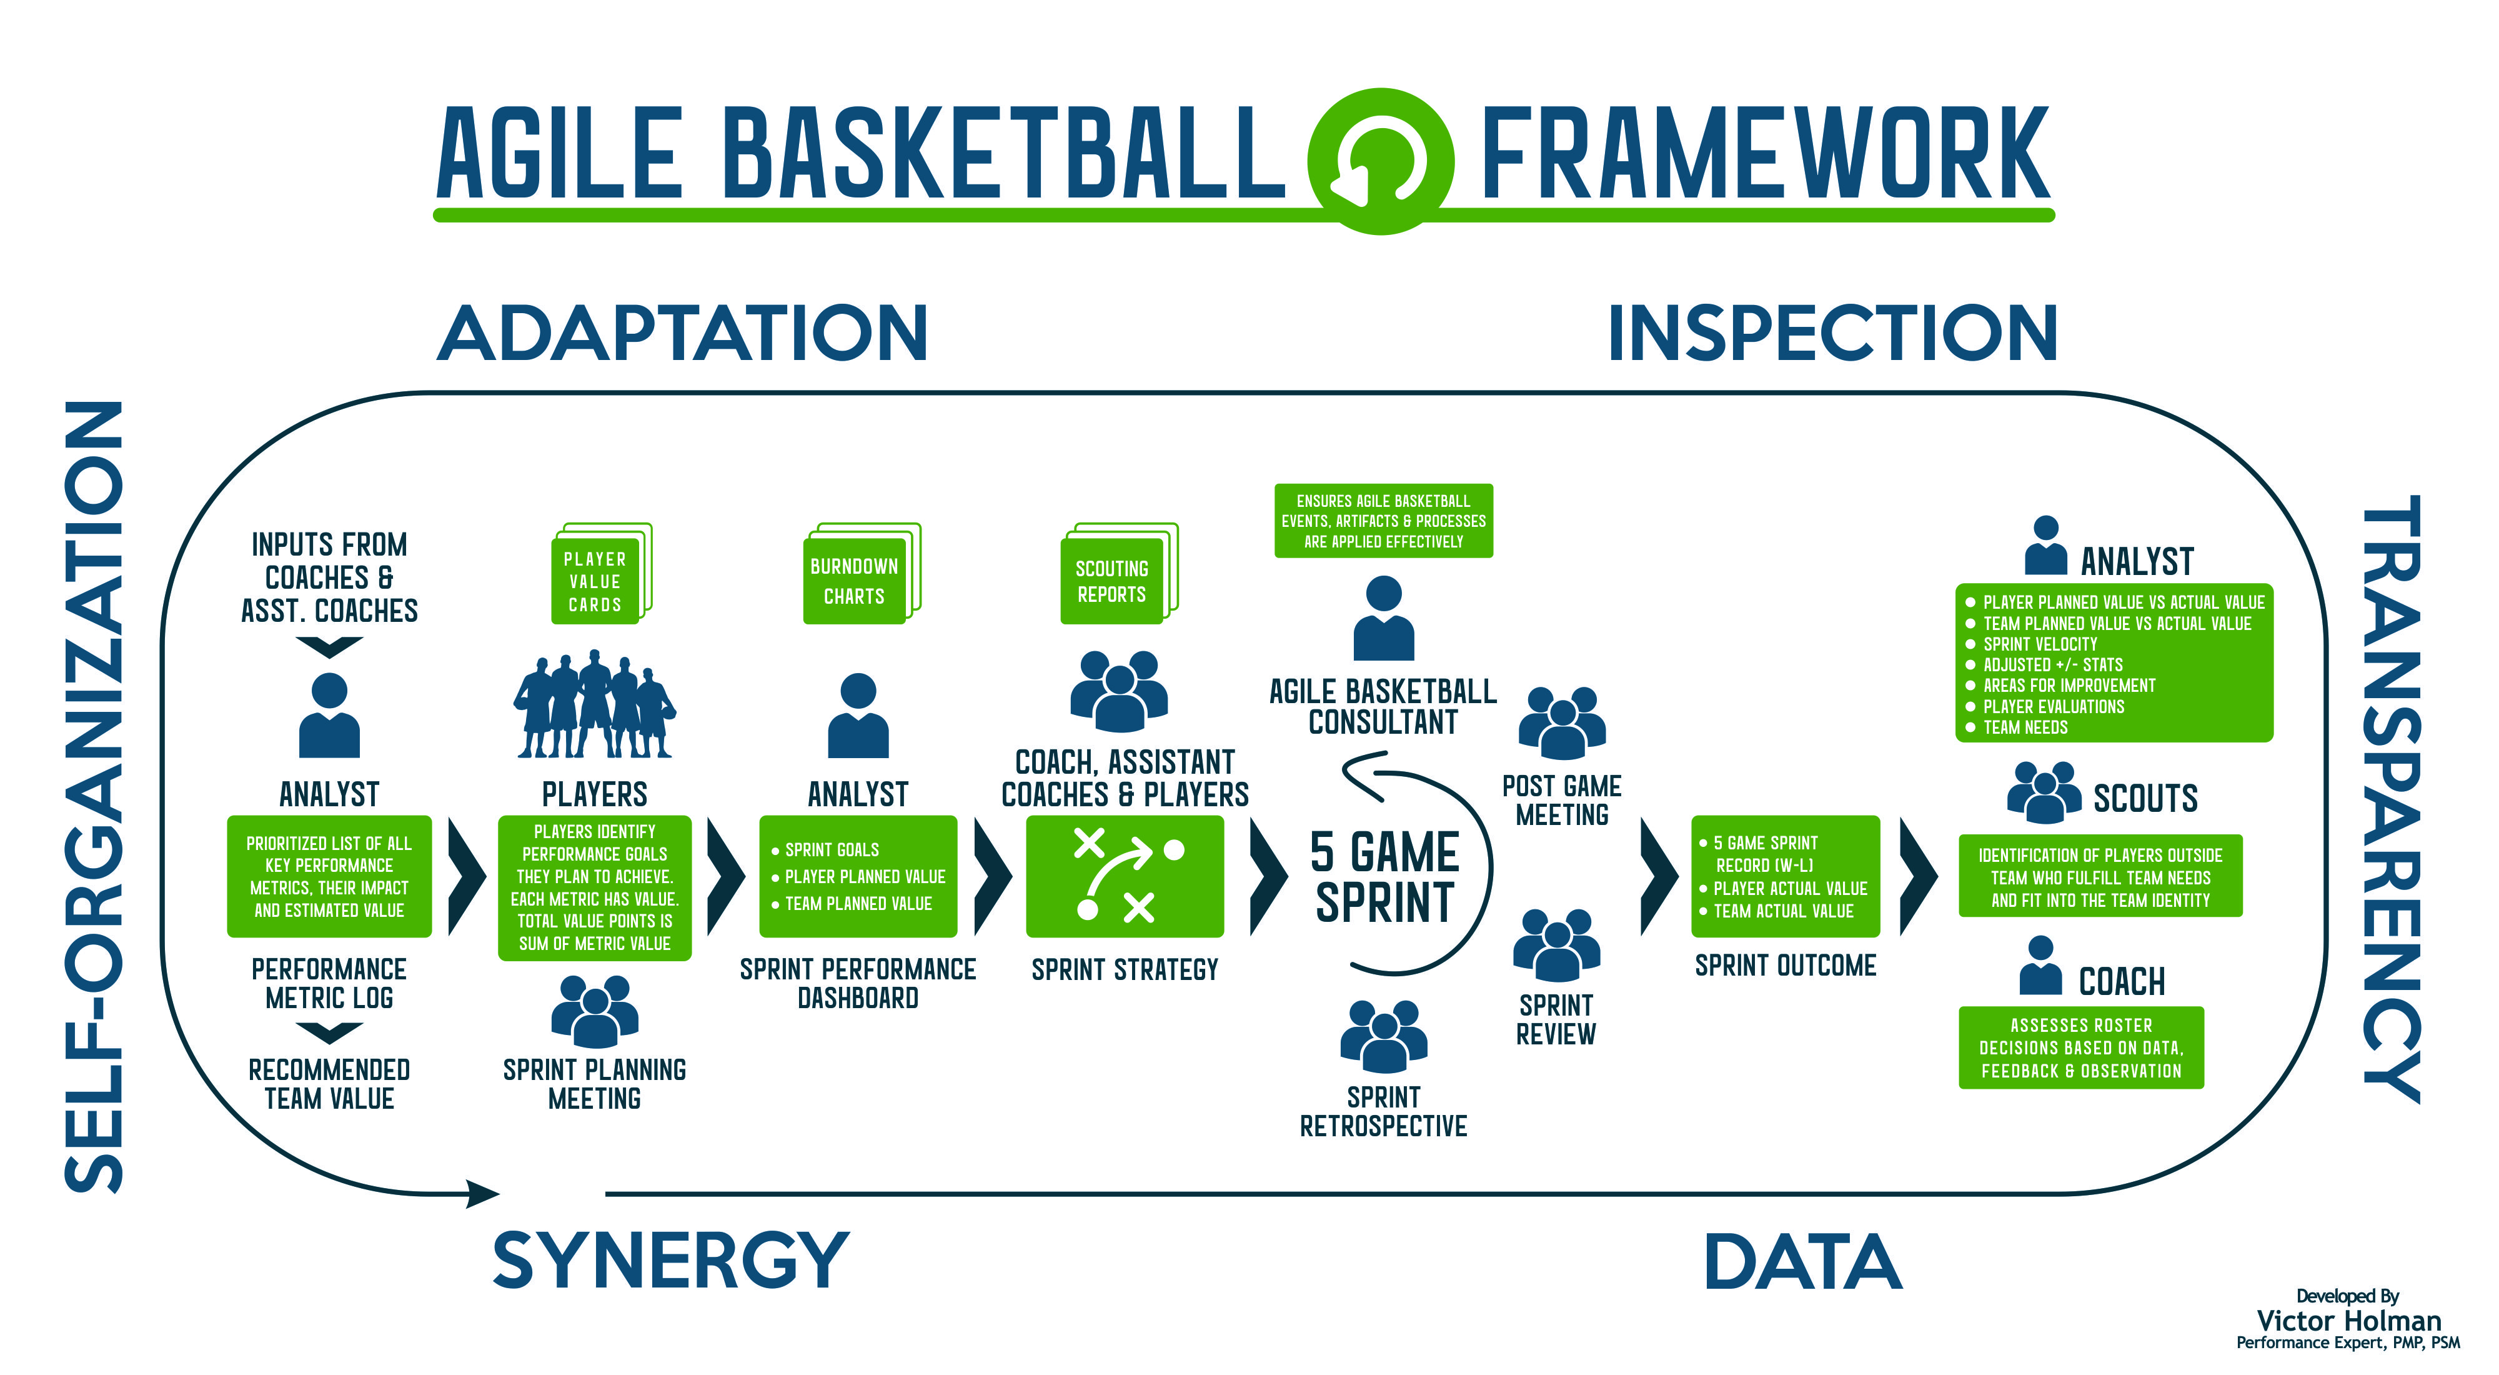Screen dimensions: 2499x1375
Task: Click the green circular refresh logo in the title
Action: click(1381, 161)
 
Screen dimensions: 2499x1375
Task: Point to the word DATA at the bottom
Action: click(1804, 1261)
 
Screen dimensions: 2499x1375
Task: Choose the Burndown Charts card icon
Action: click(860, 574)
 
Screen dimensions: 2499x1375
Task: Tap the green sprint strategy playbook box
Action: click(1125, 876)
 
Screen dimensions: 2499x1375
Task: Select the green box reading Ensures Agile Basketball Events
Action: click(1383, 521)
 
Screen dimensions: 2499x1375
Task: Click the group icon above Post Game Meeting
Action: click(1562, 723)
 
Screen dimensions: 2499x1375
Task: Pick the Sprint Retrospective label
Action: click(1383, 1111)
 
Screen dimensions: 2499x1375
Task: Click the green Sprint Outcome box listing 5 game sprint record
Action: click(1785, 876)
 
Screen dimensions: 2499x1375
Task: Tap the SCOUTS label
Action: click(2145, 797)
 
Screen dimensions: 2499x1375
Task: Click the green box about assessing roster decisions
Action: click(2081, 1048)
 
